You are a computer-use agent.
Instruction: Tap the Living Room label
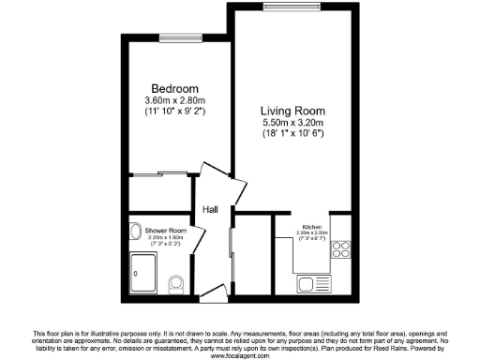pyautogui.click(x=292, y=110)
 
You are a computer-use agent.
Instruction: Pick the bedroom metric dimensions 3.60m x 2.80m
pyautogui.click(x=175, y=100)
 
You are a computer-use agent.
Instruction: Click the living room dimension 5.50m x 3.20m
pyautogui.click(x=292, y=122)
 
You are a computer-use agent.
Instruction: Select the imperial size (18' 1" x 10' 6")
pyautogui.click(x=292, y=133)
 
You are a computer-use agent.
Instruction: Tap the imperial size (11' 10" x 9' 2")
pyautogui.click(x=175, y=112)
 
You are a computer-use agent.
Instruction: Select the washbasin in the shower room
pyautogui.click(x=135, y=229)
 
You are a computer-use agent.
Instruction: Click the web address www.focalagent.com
pyautogui.click(x=240, y=355)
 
